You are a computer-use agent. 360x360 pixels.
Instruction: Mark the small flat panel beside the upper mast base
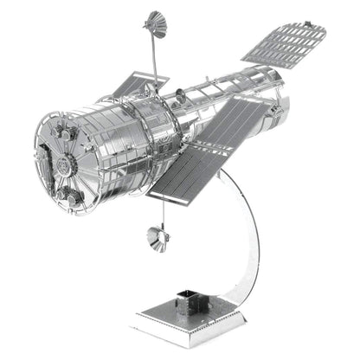pos(130,87)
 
